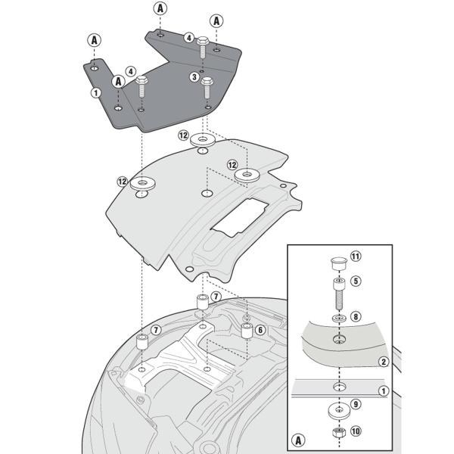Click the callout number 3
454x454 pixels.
pos(194,76)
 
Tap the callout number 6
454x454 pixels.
pos(259,330)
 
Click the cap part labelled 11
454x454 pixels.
pos(337,264)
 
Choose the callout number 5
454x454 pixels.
pos(356,280)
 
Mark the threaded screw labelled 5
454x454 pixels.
pos(337,291)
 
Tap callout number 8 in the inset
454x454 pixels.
pos(356,317)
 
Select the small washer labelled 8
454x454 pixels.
pos(337,316)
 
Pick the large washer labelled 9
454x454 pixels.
pos(337,412)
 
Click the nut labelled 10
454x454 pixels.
pos(337,434)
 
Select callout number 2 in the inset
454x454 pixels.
pos(384,362)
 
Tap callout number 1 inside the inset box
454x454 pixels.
pos(384,390)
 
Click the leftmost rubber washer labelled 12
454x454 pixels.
pos(141,183)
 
